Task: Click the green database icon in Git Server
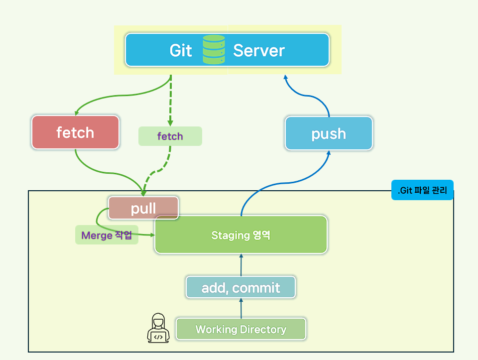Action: [x=214, y=50]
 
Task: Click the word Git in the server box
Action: [x=181, y=50]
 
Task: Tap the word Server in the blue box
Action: [x=259, y=50]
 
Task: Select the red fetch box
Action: [x=75, y=132]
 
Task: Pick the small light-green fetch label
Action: [x=170, y=136]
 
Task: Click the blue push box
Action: [x=329, y=133]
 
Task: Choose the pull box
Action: [x=143, y=208]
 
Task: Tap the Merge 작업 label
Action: [x=107, y=235]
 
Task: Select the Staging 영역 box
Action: [x=240, y=235]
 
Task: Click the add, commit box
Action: [x=240, y=287]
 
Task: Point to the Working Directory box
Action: [x=240, y=329]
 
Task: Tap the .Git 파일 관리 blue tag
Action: [x=422, y=190]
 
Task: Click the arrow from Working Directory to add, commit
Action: [x=241, y=309]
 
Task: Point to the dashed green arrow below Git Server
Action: [x=170, y=100]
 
